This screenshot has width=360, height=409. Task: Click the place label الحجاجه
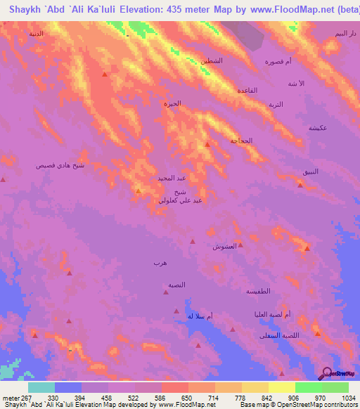click(x=241, y=141)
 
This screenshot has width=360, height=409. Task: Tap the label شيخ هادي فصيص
click(x=60, y=165)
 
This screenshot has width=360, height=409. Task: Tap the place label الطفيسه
click(x=257, y=291)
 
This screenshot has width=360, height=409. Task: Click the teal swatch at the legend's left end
click(x=41, y=387)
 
